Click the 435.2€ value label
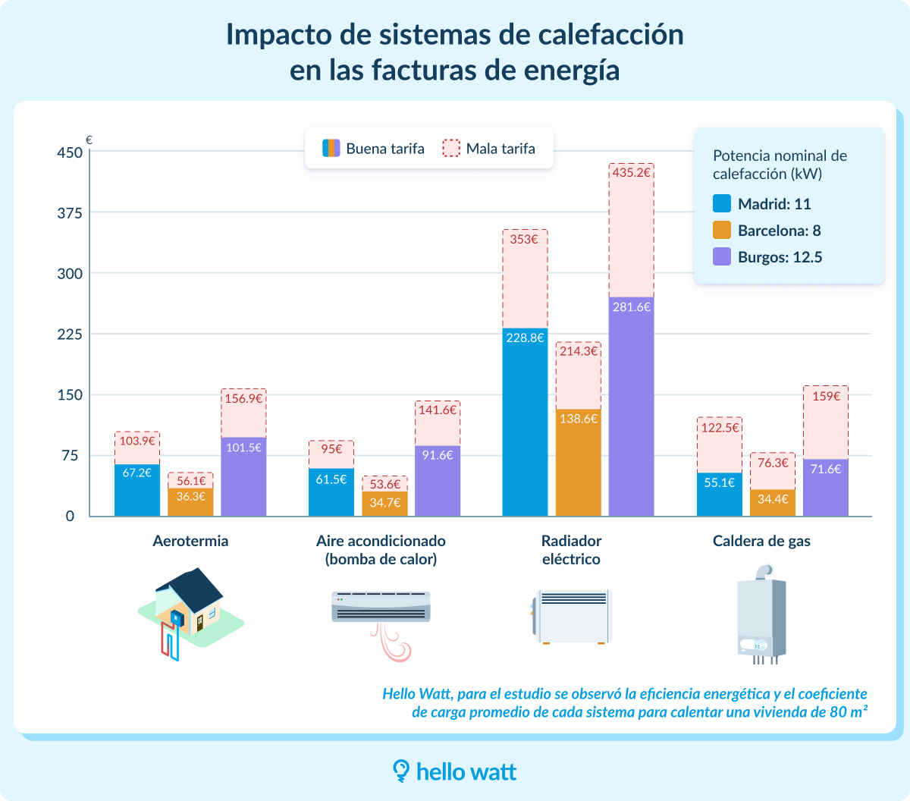click(631, 173)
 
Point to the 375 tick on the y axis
click(70, 213)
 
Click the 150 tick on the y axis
click(70, 395)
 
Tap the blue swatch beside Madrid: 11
click(722, 204)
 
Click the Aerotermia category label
click(190, 542)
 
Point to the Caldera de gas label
click(761, 542)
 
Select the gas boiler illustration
click(761, 614)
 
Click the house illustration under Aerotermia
click(190, 611)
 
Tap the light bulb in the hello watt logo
click(400, 771)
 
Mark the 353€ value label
click(525, 240)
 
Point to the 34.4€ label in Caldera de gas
click(773, 499)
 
